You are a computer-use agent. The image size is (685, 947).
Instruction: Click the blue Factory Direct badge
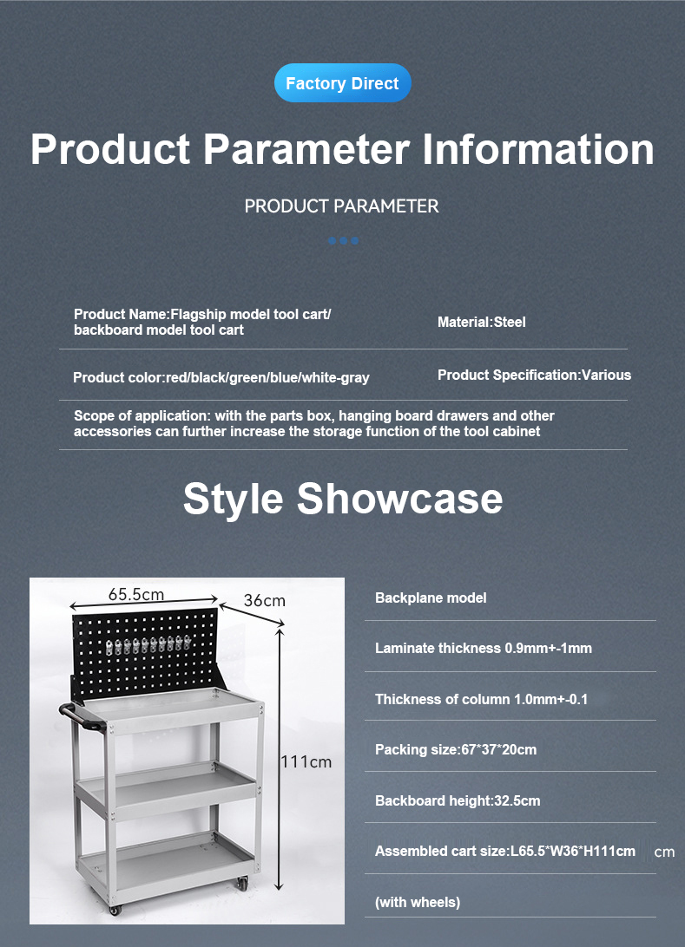coord(343,82)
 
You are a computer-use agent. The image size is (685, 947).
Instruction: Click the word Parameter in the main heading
coord(306,149)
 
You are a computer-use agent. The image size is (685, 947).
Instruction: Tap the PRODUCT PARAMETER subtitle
coord(341,206)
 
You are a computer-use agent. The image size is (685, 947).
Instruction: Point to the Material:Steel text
coord(481,322)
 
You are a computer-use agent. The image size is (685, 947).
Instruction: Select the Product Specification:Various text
coord(534,375)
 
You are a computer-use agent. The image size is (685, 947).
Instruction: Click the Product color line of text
coord(221,378)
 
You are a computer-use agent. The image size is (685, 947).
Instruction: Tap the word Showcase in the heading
coord(399,499)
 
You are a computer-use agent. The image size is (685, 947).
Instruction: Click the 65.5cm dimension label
coord(136,594)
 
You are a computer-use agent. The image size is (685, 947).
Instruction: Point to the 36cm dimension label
coord(264,600)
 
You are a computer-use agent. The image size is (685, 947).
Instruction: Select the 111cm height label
coord(306,761)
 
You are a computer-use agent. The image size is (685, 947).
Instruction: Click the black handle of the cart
coord(81,717)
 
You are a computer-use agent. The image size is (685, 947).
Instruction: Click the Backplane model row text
coord(431,598)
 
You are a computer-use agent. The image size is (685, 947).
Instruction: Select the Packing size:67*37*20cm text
coord(456,749)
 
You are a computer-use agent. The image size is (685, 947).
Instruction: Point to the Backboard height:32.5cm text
coord(458,800)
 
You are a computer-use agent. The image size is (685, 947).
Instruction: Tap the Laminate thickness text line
coord(484,648)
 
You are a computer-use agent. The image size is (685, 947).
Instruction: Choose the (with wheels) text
coord(418,902)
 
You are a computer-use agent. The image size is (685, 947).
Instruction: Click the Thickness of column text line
coord(481,699)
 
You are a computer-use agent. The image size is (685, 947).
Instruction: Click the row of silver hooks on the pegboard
coord(148,646)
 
